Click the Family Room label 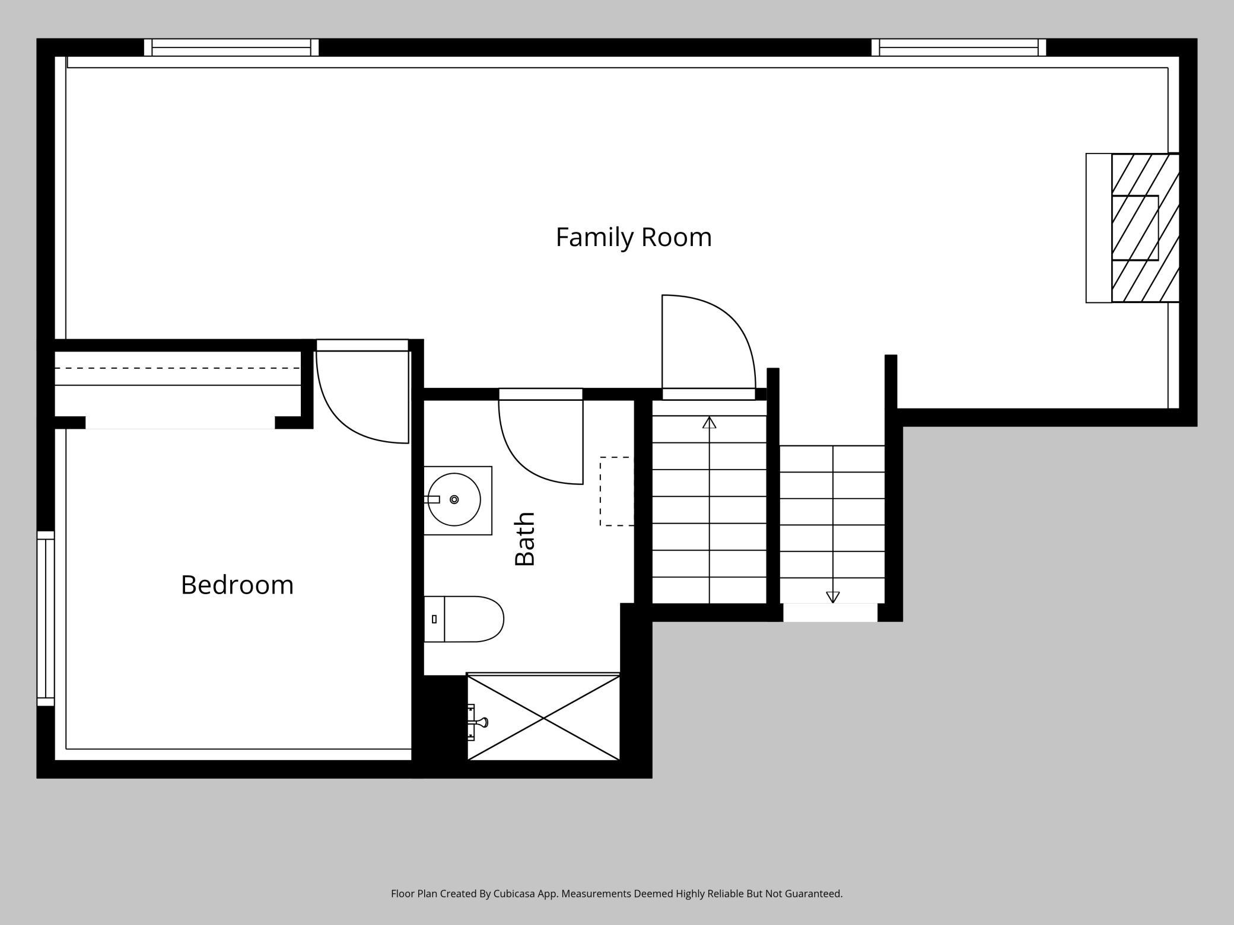(x=634, y=237)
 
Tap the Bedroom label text (x=237, y=585)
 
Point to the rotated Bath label (x=525, y=539)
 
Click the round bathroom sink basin (x=454, y=500)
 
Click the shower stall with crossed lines (x=543, y=717)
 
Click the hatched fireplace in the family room (x=1145, y=228)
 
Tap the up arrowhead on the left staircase (x=710, y=422)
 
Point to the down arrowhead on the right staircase (x=833, y=597)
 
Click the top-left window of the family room (x=231, y=47)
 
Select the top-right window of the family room (x=959, y=47)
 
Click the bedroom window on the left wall (x=46, y=618)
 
